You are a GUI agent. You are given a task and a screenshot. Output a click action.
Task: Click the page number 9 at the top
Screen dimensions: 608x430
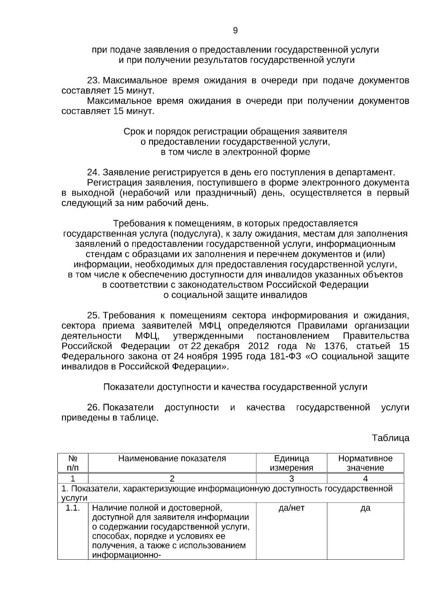pos(235,31)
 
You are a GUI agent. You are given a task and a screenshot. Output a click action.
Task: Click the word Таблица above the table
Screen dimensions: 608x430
pos(390,438)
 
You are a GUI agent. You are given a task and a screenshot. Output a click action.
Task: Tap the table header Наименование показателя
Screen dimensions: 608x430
pos(172,459)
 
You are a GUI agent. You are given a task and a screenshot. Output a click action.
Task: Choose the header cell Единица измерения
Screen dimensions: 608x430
pos(291,463)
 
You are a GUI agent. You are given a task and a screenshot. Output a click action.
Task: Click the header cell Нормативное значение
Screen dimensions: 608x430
pos(365,463)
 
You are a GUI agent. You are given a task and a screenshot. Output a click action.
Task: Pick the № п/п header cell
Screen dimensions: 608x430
pos(73,463)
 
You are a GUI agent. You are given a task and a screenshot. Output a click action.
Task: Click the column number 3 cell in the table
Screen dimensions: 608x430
pos(291,479)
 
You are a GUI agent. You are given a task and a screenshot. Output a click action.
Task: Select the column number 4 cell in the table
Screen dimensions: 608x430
pos(365,479)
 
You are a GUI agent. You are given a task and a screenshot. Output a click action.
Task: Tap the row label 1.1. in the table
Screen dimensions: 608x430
pos(73,508)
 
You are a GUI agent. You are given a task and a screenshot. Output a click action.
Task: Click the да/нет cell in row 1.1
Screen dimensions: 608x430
pos(291,508)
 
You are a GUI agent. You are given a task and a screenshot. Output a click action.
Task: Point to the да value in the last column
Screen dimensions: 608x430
pos(365,508)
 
